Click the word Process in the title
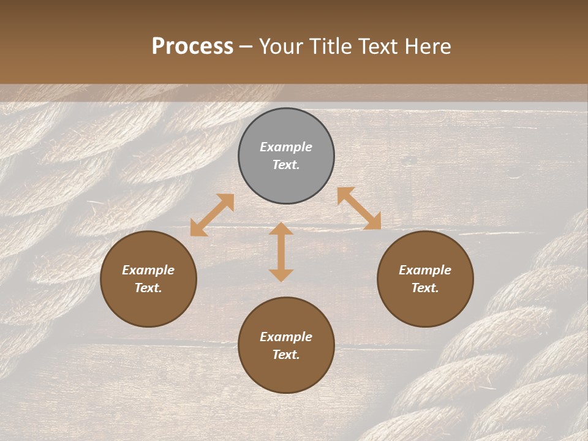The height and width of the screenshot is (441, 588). [x=192, y=47]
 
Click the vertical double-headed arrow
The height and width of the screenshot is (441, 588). [x=281, y=252]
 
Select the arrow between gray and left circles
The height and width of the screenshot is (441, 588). [x=212, y=215]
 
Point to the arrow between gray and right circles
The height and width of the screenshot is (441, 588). [x=359, y=208]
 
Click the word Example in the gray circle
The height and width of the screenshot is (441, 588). [x=286, y=147]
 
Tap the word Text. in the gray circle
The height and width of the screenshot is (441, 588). [x=286, y=165]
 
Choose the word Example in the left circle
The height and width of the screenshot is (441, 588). [x=148, y=270]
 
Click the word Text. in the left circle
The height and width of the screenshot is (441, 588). [x=148, y=288]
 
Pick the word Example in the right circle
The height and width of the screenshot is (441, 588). [x=425, y=270]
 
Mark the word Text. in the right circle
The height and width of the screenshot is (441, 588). [x=425, y=288]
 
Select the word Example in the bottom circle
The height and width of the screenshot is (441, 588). [x=286, y=337]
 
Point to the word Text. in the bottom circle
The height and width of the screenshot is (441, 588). [x=286, y=355]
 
